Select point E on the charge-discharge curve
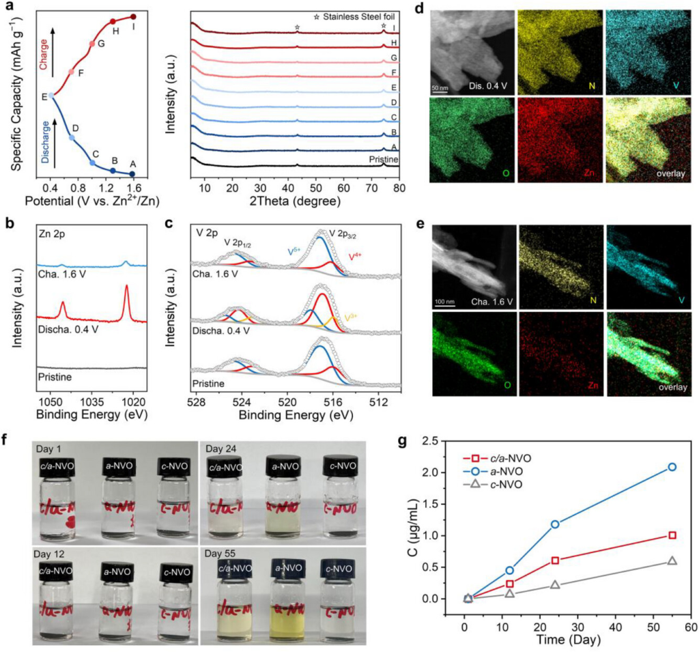coord(51,96)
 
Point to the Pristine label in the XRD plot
coord(382,159)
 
